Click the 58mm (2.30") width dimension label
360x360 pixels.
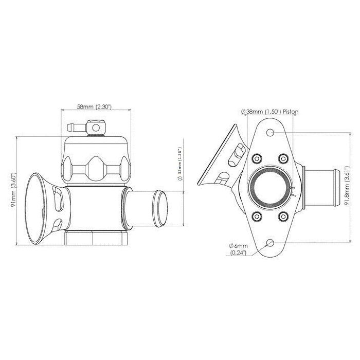94,107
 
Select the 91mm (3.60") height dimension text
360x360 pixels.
14,190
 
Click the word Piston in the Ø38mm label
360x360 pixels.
291,112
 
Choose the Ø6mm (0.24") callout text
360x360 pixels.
238,249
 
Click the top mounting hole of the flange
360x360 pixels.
270,133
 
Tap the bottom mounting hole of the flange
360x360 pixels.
270,242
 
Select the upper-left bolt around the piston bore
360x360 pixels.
257,158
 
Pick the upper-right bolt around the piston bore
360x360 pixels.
283,158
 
